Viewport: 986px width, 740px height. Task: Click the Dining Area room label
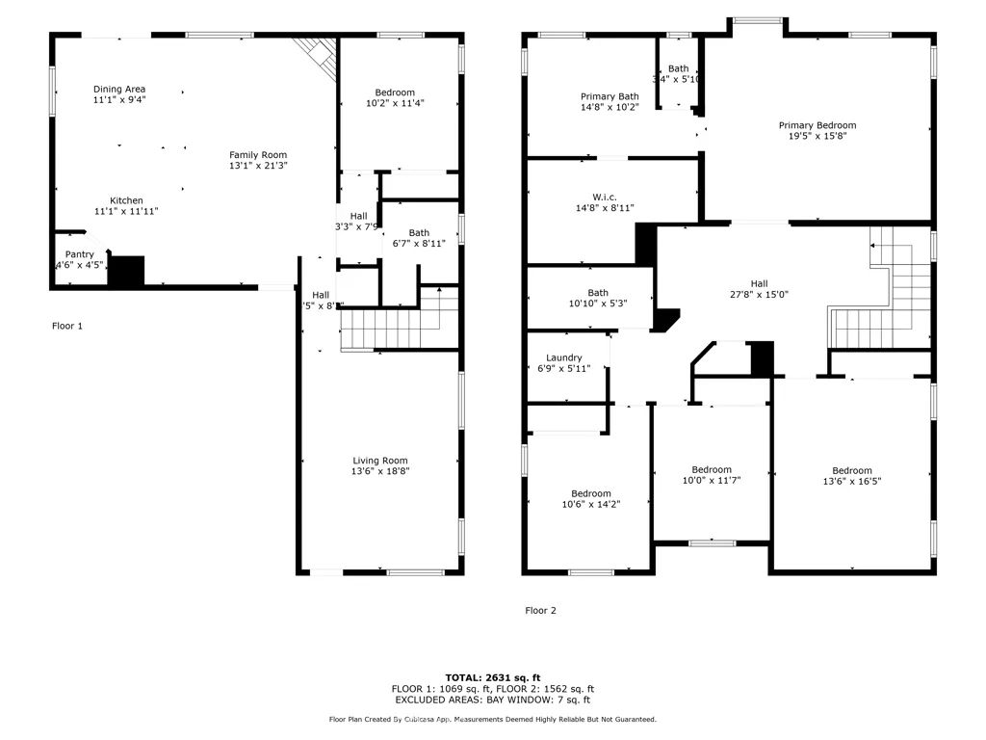(119, 89)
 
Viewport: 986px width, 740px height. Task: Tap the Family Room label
(257, 155)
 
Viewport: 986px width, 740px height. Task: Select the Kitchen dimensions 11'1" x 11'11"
(126, 211)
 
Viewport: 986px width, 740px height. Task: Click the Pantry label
(79, 254)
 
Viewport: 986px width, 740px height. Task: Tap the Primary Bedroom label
(817, 125)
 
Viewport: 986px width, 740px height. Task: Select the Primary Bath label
(609, 96)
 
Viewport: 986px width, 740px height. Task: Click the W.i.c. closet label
(605, 197)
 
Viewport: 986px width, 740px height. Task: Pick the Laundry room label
(563, 357)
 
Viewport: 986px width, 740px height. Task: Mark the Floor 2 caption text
(540, 610)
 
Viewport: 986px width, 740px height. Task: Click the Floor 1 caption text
(66, 326)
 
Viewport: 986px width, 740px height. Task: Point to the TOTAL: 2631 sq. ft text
(492, 676)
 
